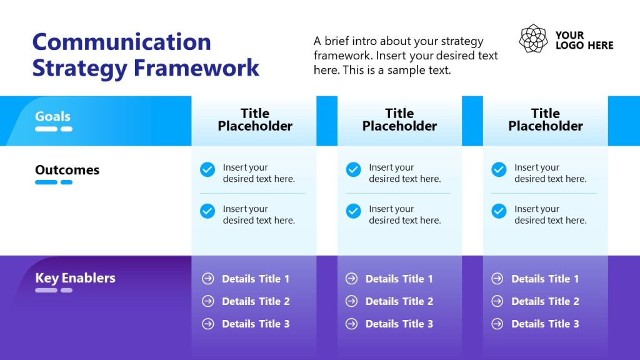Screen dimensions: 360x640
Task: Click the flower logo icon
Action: pyautogui.click(x=533, y=39)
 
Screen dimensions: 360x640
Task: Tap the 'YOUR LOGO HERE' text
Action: pyautogui.click(x=584, y=40)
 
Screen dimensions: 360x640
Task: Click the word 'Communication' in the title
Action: pyautogui.click(x=121, y=42)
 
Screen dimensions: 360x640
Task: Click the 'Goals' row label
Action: pyautogui.click(x=52, y=116)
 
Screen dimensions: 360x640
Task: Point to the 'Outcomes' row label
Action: pyautogui.click(x=67, y=170)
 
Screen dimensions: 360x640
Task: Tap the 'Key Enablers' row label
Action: pyautogui.click(x=75, y=278)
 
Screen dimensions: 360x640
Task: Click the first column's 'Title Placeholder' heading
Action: pyautogui.click(x=255, y=119)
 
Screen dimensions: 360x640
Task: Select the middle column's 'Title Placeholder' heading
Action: pyautogui.click(x=399, y=119)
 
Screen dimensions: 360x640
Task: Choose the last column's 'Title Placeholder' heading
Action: pyautogui.click(x=545, y=119)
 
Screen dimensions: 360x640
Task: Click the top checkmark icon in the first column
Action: pyautogui.click(x=207, y=169)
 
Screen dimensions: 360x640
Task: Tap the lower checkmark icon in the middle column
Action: pyautogui.click(x=353, y=211)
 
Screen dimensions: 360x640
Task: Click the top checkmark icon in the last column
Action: pyautogui.click(x=499, y=169)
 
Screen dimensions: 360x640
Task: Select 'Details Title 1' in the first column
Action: pyautogui.click(x=256, y=279)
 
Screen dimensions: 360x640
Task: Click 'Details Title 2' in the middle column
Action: pyautogui.click(x=399, y=301)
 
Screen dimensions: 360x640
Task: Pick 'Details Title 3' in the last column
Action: pyautogui.click(x=545, y=324)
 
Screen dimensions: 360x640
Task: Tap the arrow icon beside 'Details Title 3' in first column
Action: pyautogui.click(x=207, y=324)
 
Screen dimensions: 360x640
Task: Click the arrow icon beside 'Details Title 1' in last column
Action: pyautogui.click(x=497, y=279)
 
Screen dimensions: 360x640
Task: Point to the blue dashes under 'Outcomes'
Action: pyautogui.click(x=54, y=182)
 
